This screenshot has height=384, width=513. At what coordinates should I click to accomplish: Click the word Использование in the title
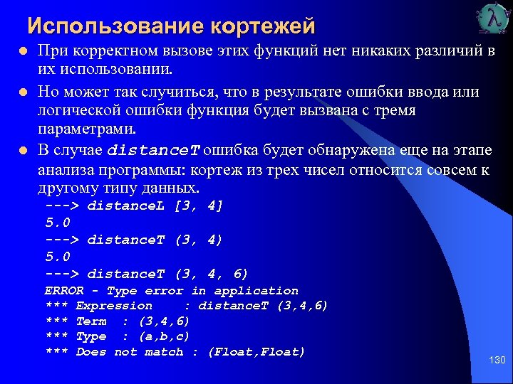(115, 26)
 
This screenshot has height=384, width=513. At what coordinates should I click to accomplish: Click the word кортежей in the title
(262, 27)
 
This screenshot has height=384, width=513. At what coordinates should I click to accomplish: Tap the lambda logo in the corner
(492, 19)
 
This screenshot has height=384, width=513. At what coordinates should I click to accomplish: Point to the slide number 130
(497, 361)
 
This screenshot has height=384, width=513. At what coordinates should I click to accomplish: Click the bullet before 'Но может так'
(23, 93)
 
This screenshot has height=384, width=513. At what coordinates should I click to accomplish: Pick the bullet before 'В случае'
(23, 151)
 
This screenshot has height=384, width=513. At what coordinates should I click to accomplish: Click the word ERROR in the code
(63, 290)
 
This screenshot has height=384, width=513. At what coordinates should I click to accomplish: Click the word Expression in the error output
(114, 306)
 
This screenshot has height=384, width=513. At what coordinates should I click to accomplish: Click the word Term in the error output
(90, 321)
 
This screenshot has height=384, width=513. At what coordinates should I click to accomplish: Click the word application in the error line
(256, 290)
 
